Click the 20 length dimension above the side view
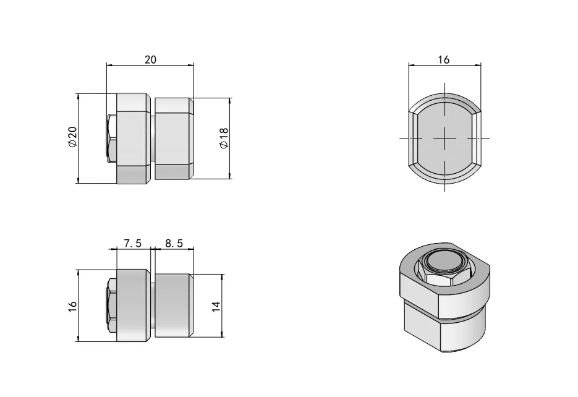pos(150,59)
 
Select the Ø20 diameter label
pos(72,138)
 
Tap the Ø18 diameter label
pos(224,138)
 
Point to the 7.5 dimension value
pos(133,244)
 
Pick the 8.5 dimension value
pos(174,244)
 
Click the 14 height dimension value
pos(216,305)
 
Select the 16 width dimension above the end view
pos(444,59)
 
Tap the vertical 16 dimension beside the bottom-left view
pos(72,305)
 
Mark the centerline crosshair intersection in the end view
pos(444,138)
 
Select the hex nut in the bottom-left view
pos(112,305)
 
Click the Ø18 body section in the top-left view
pos(173,138)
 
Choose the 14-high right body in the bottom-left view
pos(173,305)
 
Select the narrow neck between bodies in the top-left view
pos(152,138)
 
